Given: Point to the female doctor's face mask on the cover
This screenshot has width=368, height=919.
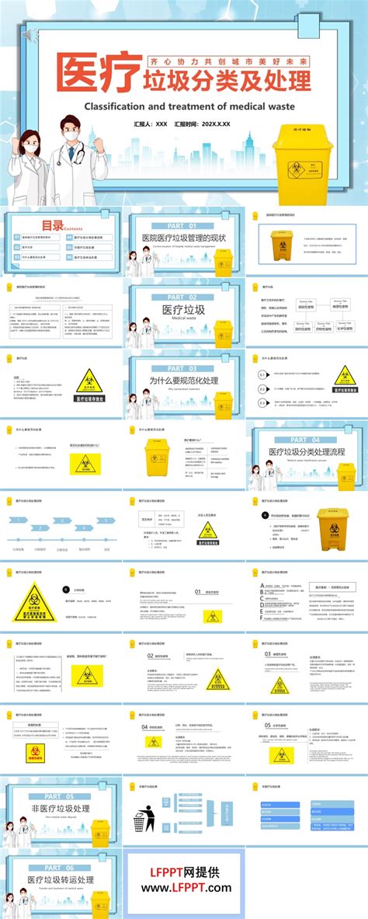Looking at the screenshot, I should (x=30, y=144).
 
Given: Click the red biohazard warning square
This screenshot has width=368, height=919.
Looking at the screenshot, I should (x=33, y=752).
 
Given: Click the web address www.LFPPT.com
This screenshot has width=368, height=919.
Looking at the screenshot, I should (x=184, y=888).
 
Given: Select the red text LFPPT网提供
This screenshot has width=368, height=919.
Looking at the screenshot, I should (x=184, y=872).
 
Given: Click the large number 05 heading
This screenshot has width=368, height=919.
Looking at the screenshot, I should (x=268, y=726).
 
